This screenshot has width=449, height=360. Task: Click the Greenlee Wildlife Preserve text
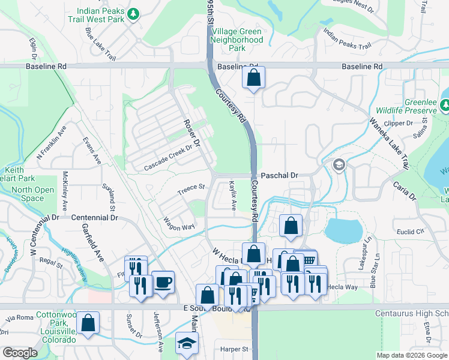(406, 106)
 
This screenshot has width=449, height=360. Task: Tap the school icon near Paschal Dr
(339, 165)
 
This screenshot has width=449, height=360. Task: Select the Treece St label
(191, 190)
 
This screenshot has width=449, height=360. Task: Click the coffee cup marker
(163, 281)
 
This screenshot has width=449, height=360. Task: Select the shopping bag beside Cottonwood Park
(88, 322)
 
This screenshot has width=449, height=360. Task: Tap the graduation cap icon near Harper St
(187, 343)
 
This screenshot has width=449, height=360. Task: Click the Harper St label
(234, 349)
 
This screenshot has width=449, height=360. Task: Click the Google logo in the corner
(20, 353)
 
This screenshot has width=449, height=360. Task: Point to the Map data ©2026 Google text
(411, 355)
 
